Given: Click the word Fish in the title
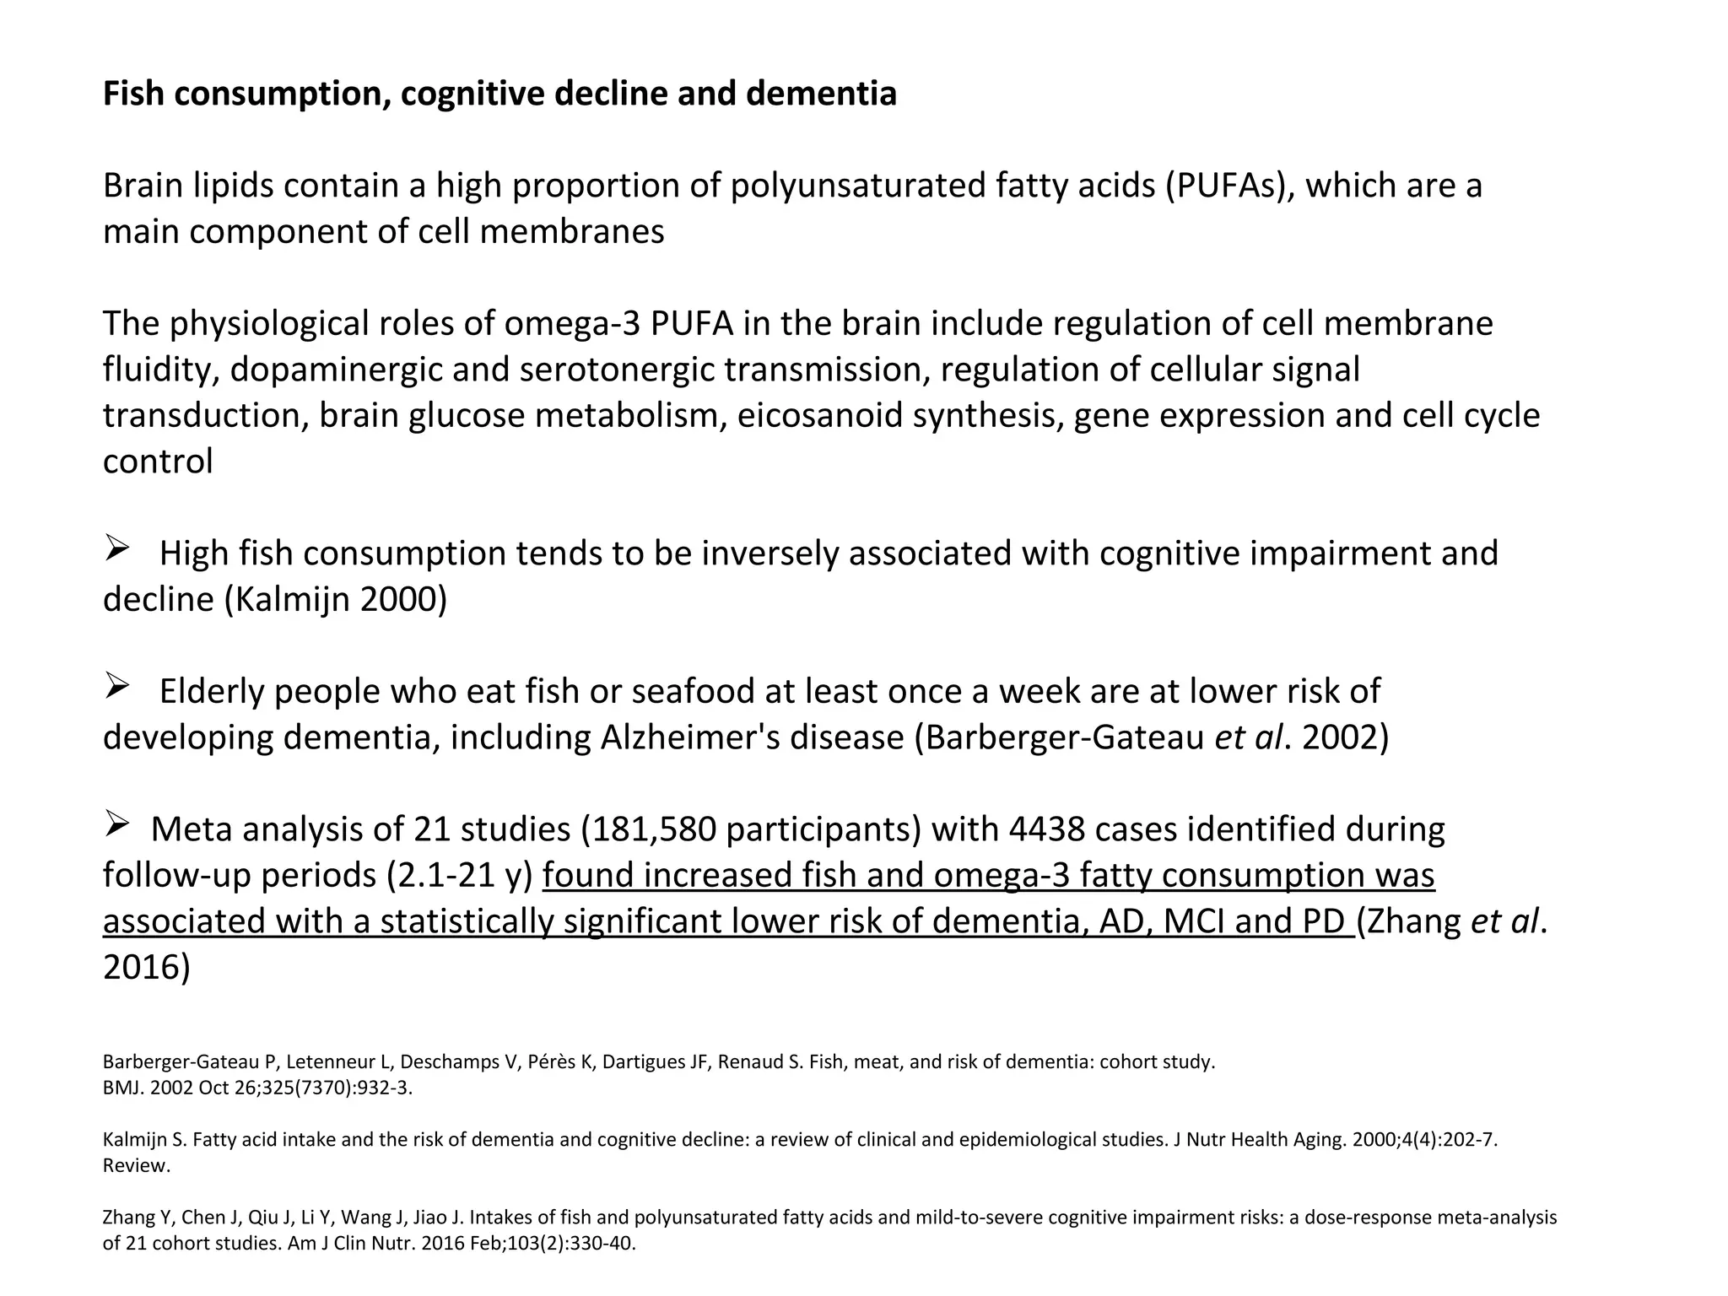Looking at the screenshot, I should [x=132, y=94].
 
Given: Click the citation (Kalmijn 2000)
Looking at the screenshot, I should [x=336, y=600].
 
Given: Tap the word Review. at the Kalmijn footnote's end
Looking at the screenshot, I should [x=136, y=1166].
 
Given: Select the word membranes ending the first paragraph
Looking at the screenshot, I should [x=572, y=232].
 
